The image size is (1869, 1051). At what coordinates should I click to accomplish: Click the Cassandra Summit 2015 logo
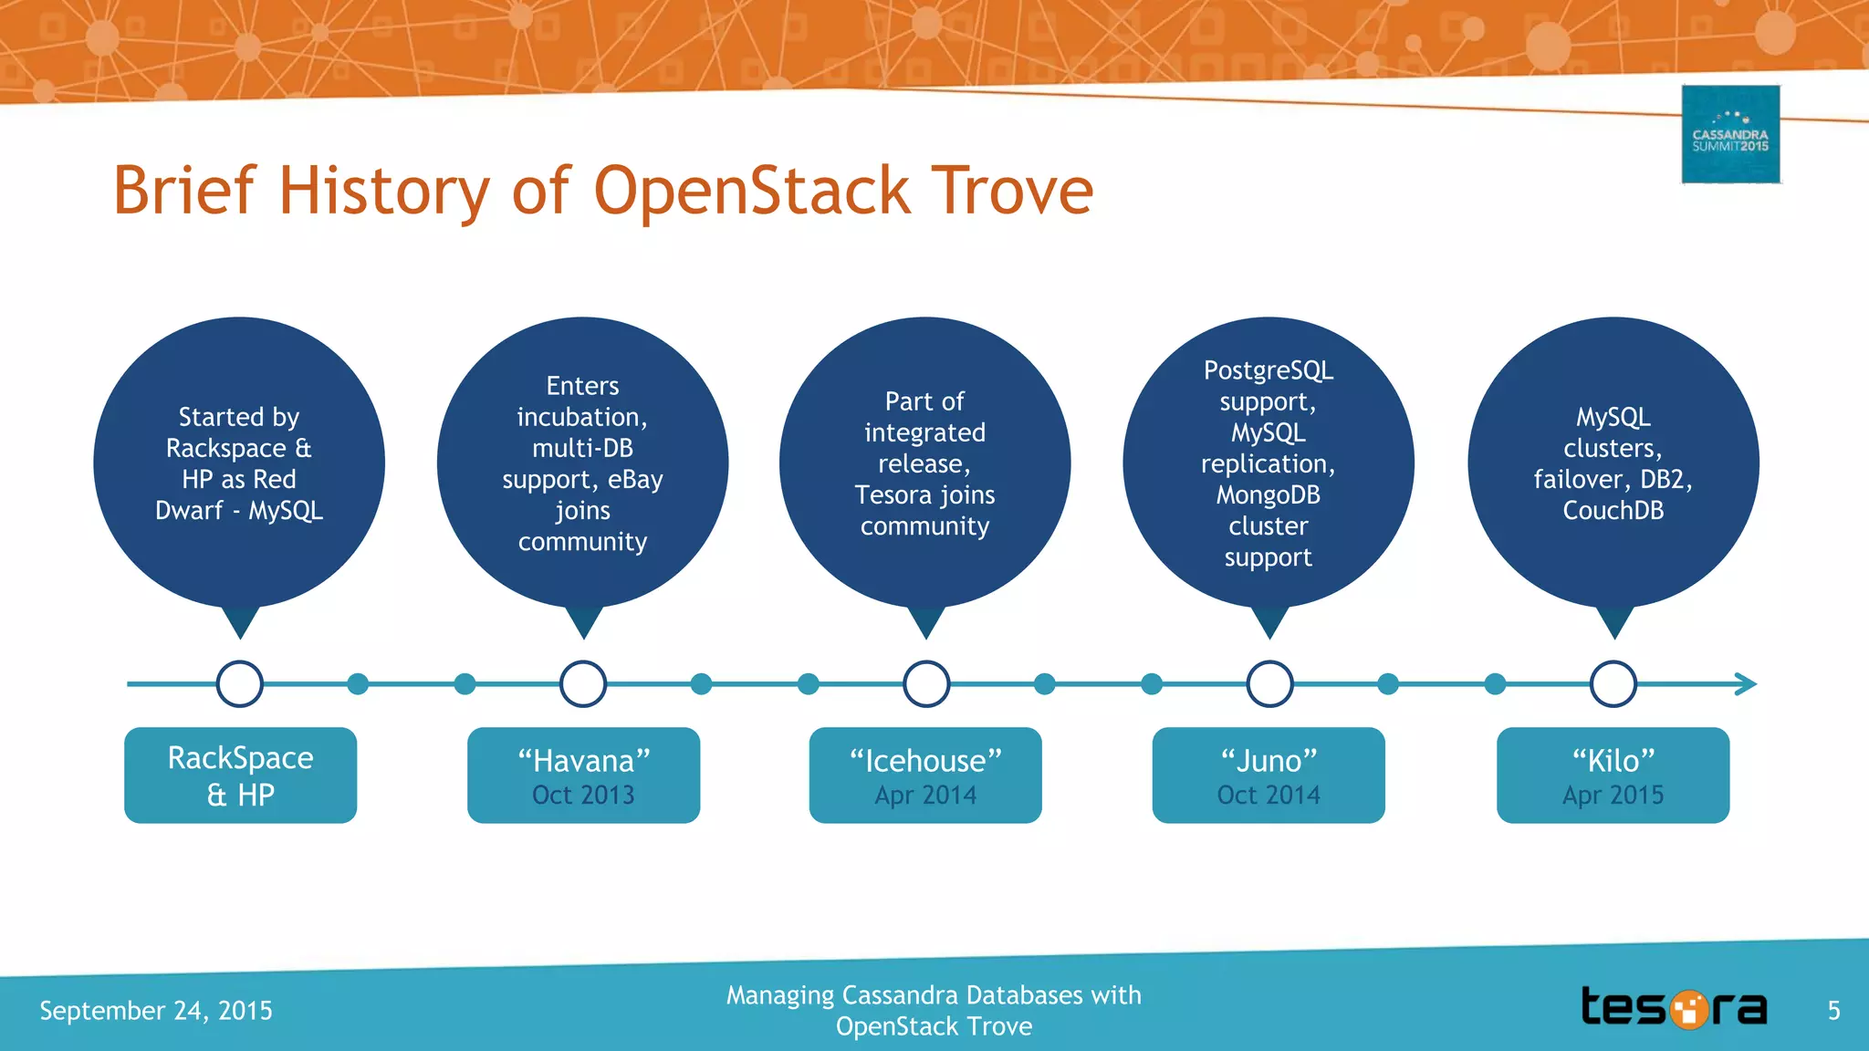pyautogui.click(x=1730, y=135)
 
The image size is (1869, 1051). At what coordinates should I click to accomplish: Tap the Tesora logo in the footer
pyautogui.click(x=1674, y=1008)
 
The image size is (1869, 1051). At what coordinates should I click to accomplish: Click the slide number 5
pyautogui.click(x=1833, y=1011)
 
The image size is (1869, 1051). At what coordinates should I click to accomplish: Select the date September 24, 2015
pyautogui.click(x=156, y=1011)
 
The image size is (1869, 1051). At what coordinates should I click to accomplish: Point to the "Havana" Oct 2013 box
pyautogui.click(x=583, y=775)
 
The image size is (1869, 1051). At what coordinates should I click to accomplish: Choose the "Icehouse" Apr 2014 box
pyautogui.click(x=925, y=775)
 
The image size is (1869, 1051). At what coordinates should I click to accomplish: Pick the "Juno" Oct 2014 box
pyautogui.click(x=1269, y=775)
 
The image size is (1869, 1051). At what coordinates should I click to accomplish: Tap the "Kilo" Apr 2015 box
pyautogui.click(x=1613, y=775)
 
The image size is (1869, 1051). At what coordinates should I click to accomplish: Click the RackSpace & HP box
pyautogui.click(x=240, y=775)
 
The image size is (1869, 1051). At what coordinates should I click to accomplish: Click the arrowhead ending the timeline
pyautogui.click(x=1744, y=684)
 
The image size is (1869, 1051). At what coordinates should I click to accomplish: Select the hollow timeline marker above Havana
pyautogui.click(x=583, y=684)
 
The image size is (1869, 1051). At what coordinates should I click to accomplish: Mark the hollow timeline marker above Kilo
pyautogui.click(x=1613, y=684)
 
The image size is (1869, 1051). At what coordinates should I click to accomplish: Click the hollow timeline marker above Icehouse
pyautogui.click(x=926, y=684)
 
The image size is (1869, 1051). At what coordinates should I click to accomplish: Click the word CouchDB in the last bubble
pyautogui.click(x=1613, y=511)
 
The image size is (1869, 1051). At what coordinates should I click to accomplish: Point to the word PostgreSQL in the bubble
pyautogui.click(x=1268, y=370)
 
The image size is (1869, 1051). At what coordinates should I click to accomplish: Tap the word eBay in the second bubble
pyautogui.click(x=635, y=480)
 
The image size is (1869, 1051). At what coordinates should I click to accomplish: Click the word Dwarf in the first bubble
pyautogui.click(x=188, y=511)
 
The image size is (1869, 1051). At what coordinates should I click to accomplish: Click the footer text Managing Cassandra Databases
pyautogui.click(x=934, y=995)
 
